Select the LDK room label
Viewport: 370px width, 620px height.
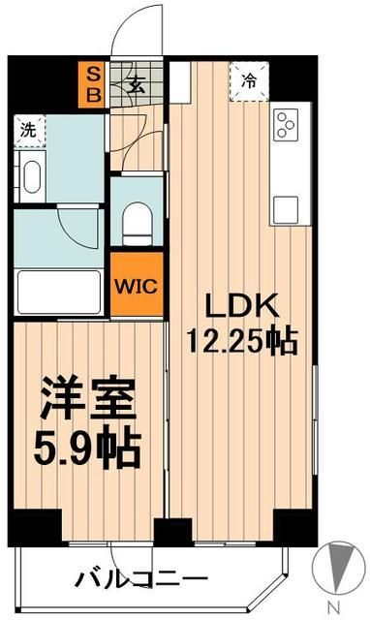[241, 307]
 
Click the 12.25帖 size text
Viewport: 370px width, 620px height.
[241, 341]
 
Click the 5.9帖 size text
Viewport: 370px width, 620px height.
[88, 448]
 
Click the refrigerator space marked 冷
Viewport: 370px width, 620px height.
[248, 82]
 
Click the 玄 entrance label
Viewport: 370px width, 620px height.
[135, 85]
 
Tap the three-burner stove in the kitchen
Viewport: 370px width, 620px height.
[287, 123]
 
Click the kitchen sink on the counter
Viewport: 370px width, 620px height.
[287, 208]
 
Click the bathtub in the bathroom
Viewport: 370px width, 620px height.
[59, 288]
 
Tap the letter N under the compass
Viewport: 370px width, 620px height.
[334, 607]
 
